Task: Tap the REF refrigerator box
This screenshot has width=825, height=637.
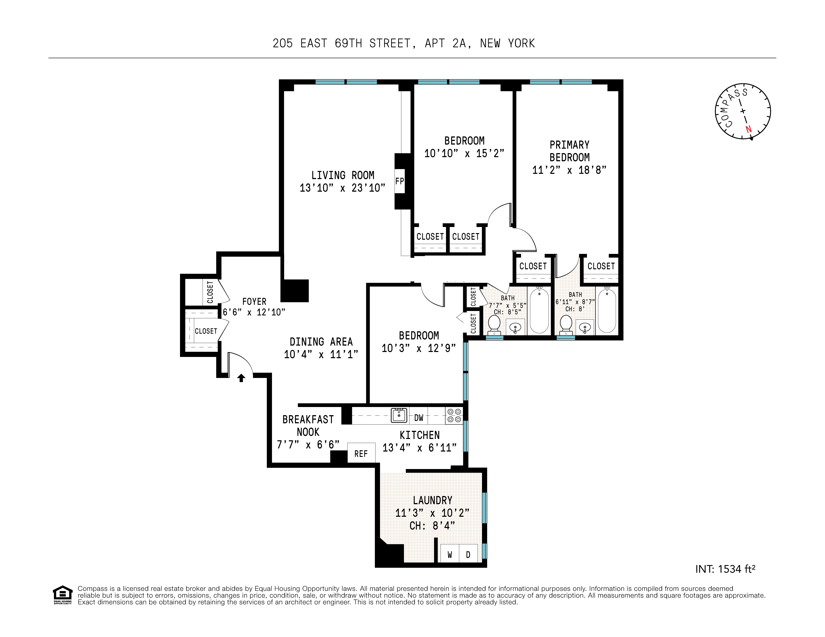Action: (x=361, y=454)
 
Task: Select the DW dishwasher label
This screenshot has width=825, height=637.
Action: (x=419, y=418)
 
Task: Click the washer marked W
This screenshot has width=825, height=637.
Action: (x=450, y=555)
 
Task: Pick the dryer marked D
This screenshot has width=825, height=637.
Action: (x=468, y=555)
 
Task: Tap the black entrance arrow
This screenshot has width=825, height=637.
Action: (x=241, y=378)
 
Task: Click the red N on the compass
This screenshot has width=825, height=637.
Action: (x=748, y=129)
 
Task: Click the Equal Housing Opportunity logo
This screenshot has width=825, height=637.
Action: (x=62, y=595)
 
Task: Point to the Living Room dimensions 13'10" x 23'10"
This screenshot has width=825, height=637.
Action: (x=342, y=188)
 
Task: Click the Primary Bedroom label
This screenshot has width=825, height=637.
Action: (x=569, y=151)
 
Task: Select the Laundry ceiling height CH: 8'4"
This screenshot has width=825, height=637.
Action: (x=432, y=525)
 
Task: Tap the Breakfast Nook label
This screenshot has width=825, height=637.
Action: (x=308, y=426)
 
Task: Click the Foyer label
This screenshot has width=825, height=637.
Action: (x=254, y=301)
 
